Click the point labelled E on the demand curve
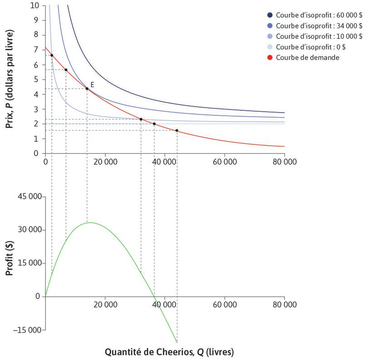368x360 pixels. [87, 89]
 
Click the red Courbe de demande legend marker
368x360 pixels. [270, 58]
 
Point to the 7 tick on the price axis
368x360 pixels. [36, 50]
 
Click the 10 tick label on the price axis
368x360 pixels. [35, 6]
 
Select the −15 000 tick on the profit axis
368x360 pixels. [29, 330]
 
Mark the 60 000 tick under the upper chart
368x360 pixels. [224, 161]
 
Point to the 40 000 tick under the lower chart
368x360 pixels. [164, 305]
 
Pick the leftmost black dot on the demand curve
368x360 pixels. [52, 55]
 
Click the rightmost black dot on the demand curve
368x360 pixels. [177, 131]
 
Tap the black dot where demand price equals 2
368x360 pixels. [154, 124]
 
